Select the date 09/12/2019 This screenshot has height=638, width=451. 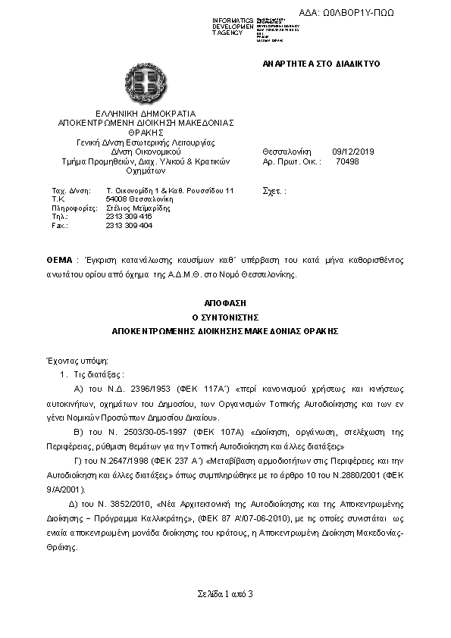(350, 151)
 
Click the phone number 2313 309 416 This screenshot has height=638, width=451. (129, 217)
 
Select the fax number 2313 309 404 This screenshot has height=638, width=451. (129, 226)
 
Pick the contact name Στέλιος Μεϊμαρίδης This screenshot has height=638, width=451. (138, 208)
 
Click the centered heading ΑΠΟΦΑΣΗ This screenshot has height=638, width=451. (224, 302)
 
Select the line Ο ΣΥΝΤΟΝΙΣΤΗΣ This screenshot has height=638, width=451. (224, 317)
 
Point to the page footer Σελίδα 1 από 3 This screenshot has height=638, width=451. (224, 593)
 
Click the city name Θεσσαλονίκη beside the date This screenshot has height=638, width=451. (287, 151)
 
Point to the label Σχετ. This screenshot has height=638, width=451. (271, 190)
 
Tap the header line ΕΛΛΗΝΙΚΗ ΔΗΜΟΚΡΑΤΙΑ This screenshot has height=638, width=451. (146, 113)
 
